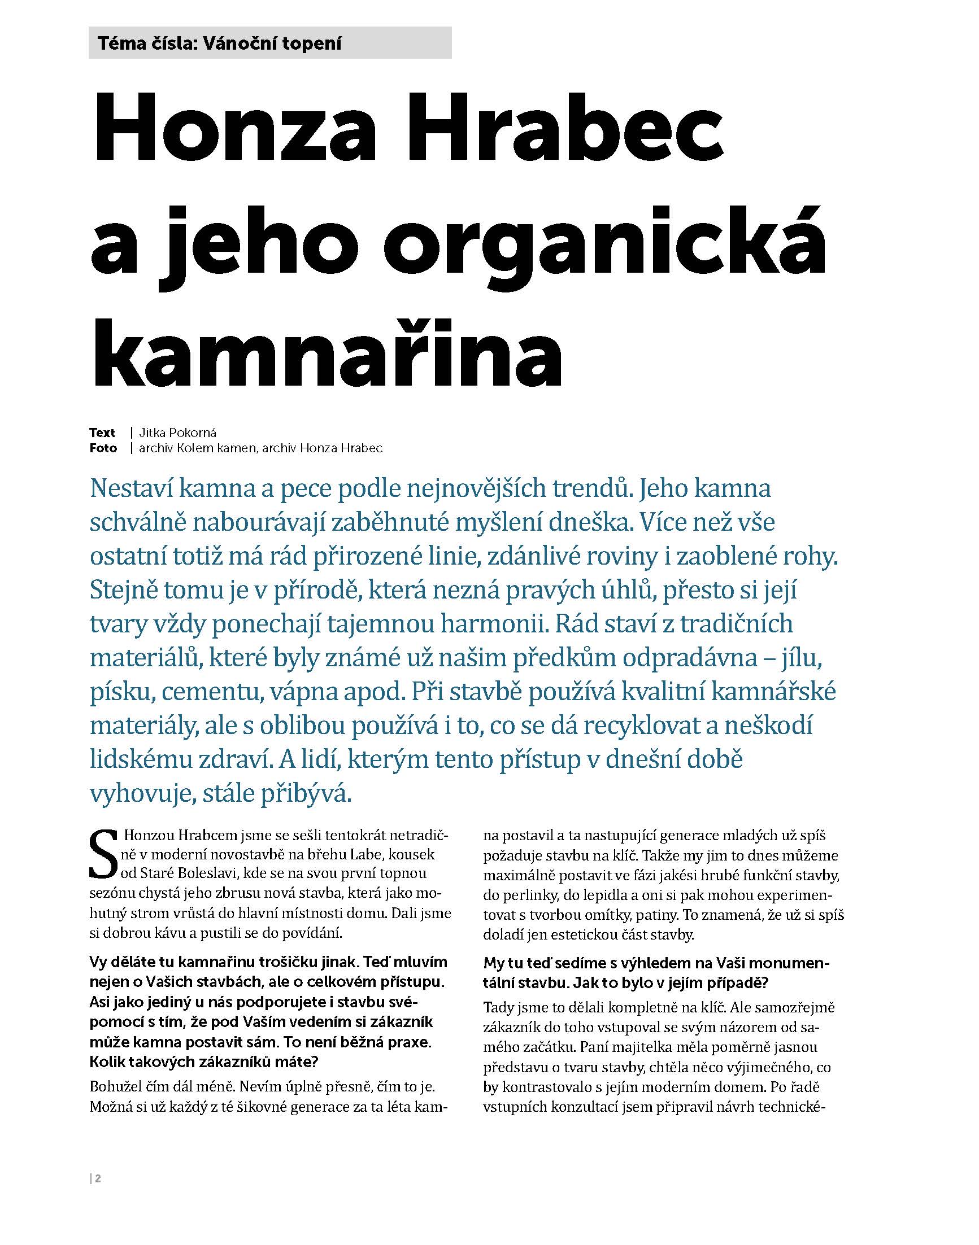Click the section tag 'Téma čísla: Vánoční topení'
(220, 43)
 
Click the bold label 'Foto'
(103, 448)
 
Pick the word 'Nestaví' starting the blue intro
(129, 489)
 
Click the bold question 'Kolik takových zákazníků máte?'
(204, 1062)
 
